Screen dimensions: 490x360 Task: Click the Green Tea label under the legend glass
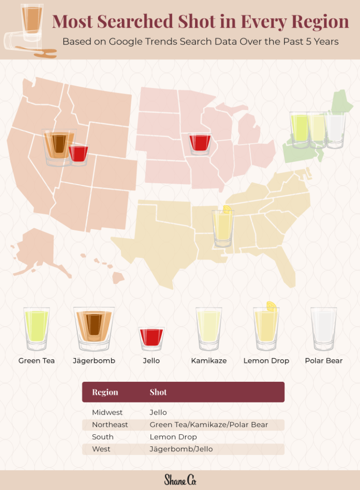click(x=37, y=361)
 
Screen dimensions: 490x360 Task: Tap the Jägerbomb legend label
click(x=94, y=361)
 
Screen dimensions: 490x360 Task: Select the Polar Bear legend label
click(x=323, y=361)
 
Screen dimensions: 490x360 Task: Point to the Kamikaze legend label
click(x=209, y=361)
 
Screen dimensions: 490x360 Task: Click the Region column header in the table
click(x=105, y=392)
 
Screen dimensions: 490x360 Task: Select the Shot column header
click(x=158, y=392)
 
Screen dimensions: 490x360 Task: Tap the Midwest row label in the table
click(x=107, y=413)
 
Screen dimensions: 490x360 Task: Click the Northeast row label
click(x=110, y=425)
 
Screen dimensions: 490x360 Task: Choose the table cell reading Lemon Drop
click(x=173, y=437)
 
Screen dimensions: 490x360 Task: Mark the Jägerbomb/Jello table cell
click(x=181, y=449)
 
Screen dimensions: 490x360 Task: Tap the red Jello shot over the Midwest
click(x=200, y=143)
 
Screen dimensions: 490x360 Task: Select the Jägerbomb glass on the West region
click(x=58, y=146)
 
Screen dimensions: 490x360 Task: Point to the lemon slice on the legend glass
click(x=271, y=306)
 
